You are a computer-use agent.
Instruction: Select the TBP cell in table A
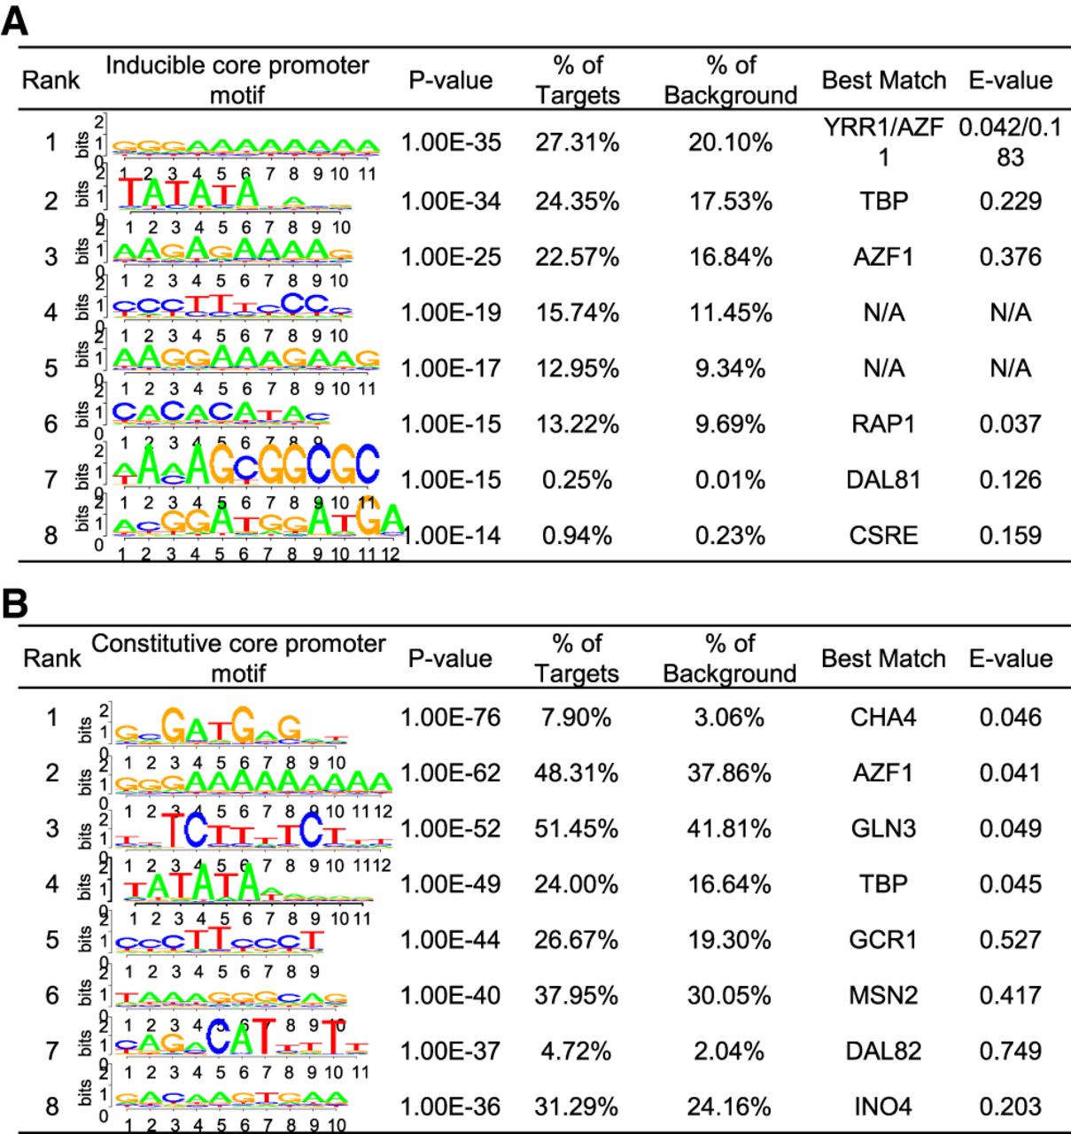click(x=883, y=201)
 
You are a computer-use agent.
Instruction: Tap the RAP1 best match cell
click(x=883, y=424)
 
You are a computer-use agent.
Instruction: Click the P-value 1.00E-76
click(x=450, y=717)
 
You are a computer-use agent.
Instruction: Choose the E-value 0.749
click(x=1010, y=1051)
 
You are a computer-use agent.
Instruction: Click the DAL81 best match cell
click(x=883, y=480)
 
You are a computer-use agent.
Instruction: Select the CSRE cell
click(x=883, y=535)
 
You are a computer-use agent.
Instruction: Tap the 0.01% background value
click(x=729, y=480)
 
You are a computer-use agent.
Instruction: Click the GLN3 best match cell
click(x=883, y=828)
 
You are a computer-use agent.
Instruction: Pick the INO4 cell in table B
click(x=883, y=1107)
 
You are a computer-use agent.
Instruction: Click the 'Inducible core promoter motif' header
click(x=237, y=79)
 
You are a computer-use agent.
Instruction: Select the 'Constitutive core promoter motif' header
click(x=237, y=658)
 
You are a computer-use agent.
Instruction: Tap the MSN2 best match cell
click(x=883, y=995)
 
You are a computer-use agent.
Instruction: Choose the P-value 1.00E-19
click(x=450, y=313)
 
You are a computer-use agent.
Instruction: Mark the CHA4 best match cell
click(x=883, y=717)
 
